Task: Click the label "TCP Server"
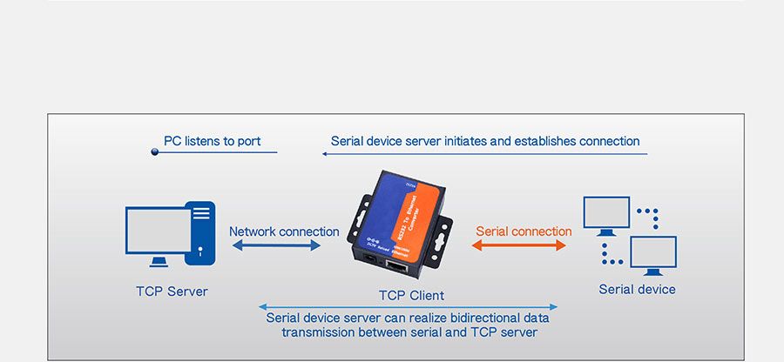(x=172, y=292)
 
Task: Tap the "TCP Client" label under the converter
(x=410, y=296)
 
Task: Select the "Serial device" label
(x=637, y=290)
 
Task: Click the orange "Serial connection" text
(x=524, y=231)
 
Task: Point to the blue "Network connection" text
(x=284, y=231)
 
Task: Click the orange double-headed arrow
(x=519, y=246)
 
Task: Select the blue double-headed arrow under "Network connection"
(x=276, y=246)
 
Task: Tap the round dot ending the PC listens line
(x=155, y=152)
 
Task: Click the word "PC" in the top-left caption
(x=172, y=141)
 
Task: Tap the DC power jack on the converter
(x=369, y=258)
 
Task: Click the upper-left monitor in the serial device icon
(x=605, y=211)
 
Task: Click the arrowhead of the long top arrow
(x=324, y=154)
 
